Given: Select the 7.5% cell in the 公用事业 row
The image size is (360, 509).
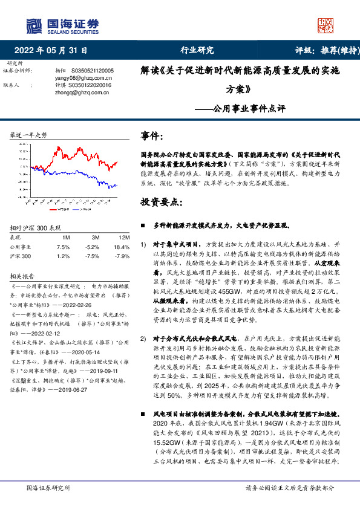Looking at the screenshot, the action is click(63, 247).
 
